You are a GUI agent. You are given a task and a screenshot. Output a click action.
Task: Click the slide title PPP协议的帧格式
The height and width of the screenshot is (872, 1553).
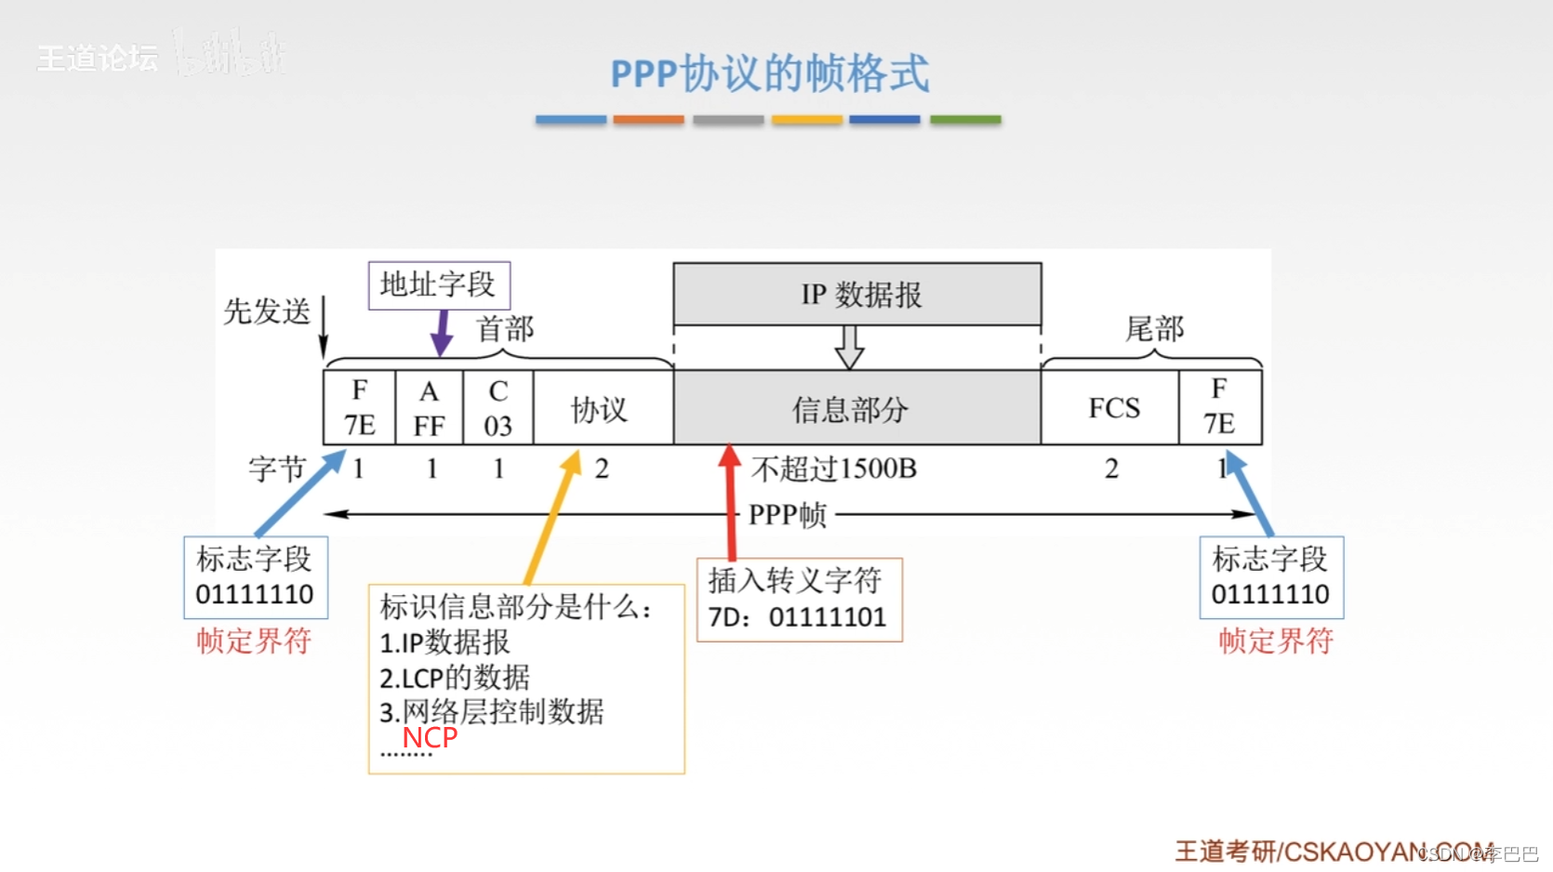pos(769,73)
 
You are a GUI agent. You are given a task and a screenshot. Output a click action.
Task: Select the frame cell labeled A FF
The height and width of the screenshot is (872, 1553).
pos(429,408)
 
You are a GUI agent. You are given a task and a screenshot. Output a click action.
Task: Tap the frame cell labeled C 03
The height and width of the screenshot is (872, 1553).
pos(498,408)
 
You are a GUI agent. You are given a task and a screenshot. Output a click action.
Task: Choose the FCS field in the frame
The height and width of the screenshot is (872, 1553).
pos(1113,408)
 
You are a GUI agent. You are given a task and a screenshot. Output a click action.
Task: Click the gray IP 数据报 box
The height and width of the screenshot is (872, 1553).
pos(856,295)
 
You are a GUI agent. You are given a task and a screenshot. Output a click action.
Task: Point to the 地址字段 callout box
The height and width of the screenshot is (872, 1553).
pos(439,284)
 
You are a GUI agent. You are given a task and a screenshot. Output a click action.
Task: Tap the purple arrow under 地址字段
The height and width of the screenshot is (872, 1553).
pos(442,333)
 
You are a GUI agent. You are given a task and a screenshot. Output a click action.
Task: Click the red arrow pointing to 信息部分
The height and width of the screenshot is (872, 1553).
pos(731,502)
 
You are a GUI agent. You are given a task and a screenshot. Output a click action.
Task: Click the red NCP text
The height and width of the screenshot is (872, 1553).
pos(430,738)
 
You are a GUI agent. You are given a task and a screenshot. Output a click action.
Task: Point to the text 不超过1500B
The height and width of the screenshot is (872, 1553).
pos(834,469)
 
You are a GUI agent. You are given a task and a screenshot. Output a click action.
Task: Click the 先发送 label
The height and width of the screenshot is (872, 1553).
pos(267,311)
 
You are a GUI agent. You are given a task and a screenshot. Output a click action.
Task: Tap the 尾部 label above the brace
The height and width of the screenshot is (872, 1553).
pos(1154,328)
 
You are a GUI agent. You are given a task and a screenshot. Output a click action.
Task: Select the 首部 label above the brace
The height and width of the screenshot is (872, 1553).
pos(505,328)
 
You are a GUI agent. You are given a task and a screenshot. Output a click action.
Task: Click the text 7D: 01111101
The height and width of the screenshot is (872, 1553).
pos(797,617)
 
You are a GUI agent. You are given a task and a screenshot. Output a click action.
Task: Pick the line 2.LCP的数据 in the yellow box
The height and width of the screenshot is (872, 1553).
pos(455,677)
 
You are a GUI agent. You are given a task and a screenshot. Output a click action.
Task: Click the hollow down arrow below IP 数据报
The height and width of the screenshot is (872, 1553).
pos(849,347)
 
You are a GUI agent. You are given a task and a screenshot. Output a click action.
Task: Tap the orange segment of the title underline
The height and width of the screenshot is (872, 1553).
pos(648,120)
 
